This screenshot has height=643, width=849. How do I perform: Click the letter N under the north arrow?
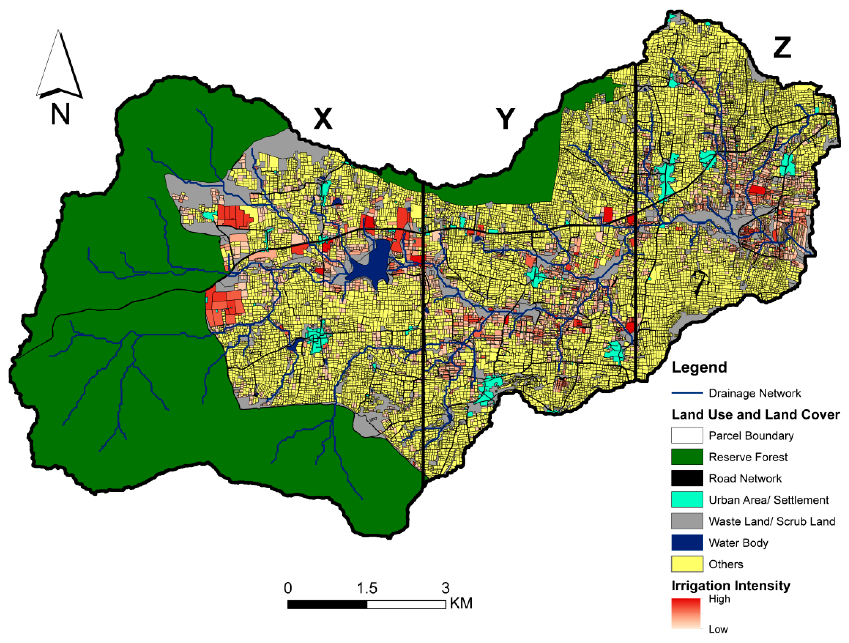tap(60, 114)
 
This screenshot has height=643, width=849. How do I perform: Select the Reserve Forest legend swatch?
tap(687, 457)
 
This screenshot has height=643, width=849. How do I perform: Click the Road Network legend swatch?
tap(687, 478)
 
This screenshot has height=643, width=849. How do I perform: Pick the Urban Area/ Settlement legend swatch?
tap(687, 500)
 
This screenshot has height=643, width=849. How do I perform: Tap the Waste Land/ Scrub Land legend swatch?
tap(687, 521)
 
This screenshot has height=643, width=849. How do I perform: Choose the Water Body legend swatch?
tap(687, 543)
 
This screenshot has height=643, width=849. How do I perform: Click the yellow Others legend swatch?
tap(687, 564)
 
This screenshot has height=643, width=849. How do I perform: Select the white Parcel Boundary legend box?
tap(687, 435)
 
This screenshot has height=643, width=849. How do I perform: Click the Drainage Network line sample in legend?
tap(687, 393)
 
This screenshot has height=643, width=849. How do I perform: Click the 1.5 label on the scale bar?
tap(367, 588)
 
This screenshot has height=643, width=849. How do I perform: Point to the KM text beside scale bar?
tap(461, 603)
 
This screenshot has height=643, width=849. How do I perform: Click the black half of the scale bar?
tap(327, 605)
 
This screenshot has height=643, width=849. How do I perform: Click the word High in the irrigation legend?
tap(719, 599)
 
